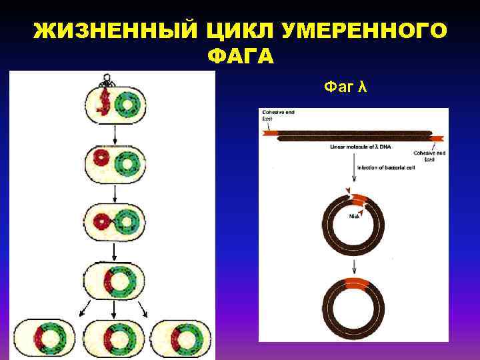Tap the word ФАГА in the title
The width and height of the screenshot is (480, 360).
[240, 57]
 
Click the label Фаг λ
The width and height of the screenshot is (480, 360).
[345, 87]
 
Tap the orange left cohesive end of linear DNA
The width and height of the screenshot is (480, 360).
[270, 133]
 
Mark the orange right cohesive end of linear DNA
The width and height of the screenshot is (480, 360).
[437, 138]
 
